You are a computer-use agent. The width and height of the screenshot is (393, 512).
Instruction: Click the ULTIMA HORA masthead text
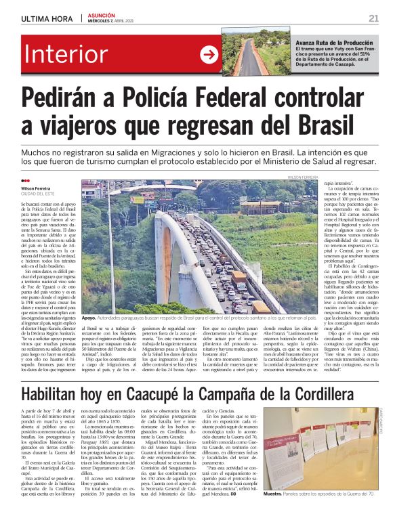point(45,18)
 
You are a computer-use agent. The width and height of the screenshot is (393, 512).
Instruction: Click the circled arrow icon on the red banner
point(209,53)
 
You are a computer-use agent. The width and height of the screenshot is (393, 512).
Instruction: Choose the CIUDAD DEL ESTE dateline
point(38,194)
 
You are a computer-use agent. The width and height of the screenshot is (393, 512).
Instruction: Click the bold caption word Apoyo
point(88,317)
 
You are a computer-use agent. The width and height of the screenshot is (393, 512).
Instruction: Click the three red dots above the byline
point(26,181)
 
